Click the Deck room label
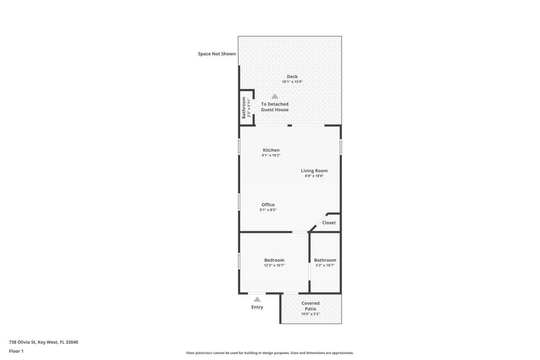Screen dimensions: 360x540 pyautogui.click(x=292, y=76)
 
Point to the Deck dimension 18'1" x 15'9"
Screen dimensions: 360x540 pyautogui.click(x=292, y=82)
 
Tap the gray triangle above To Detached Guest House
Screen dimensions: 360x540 pyautogui.click(x=275, y=96)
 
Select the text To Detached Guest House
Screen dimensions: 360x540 pyautogui.click(x=275, y=107)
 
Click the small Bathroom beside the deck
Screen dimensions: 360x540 pyautogui.click(x=246, y=108)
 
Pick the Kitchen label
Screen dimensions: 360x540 pyautogui.click(x=271, y=150)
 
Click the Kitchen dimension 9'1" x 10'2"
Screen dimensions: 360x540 pyautogui.click(x=271, y=155)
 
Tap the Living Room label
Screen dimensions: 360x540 pyautogui.click(x=314, y=171)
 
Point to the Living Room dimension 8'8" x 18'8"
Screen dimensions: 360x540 pyautogui.click(x=314, y=176)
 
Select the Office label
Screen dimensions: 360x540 pyautogui.click(x=268, y=205)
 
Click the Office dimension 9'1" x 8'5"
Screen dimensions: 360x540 pyautogui.click(x=268, y=210)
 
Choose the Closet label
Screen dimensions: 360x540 pyautogui.click(x=329, y=223)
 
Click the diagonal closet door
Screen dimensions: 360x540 pyautogui.click(x=318, y=222)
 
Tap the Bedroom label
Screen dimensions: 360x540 pyautogui.click(x=274, y=260)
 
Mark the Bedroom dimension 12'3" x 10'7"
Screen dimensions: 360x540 pyautogui.click(x=274, y=265)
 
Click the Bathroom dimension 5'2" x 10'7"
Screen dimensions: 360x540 pyautogui.click(x=325, y=265)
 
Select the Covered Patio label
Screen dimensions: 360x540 pyautogui.click(x=310, y=306)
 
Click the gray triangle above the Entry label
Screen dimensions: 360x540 pyautogui.click(x=257, y=299)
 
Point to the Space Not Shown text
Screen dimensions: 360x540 pyautogui.click(x=217, y=54)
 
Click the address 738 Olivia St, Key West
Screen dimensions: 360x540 pyautogui.click(x=43, y=342)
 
